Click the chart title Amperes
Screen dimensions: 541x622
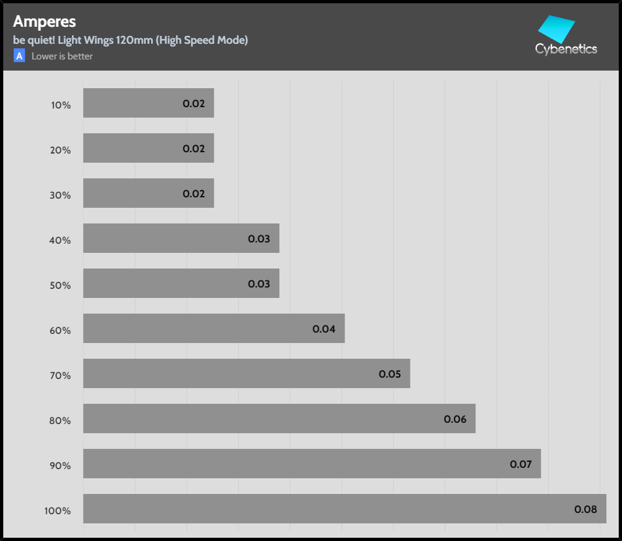coord(44,22)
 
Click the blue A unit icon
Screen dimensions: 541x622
coord(20,56)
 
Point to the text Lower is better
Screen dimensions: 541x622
coord(62,56)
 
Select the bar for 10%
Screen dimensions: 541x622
coord(148,103)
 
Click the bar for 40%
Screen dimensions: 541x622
coord(181,238)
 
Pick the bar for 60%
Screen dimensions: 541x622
coord(214,329)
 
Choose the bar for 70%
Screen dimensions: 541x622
coord(247,374)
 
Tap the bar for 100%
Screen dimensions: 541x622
coord(345,509)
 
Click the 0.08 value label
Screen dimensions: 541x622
coord(585,509)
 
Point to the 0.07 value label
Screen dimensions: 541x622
coord(521,465)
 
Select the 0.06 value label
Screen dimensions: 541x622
coord(455,419)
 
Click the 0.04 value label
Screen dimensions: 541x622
coord(324,329)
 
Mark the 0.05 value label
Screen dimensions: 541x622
coord(390,374)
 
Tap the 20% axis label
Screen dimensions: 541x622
coord(60,150)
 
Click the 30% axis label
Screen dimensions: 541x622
coord(60,195)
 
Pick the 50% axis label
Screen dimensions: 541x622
coord(60,286)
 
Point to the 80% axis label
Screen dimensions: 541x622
coord(60,421)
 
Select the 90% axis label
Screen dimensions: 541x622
coord(60,466)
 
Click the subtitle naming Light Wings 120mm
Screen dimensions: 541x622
coord(130,41)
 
